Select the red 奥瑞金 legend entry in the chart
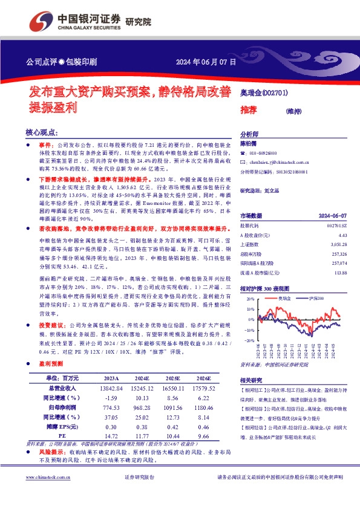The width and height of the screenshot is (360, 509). pyautogui.click(x=286, y=299)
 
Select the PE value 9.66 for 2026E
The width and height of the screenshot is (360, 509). pyautogui.click(x=208, y=435)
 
